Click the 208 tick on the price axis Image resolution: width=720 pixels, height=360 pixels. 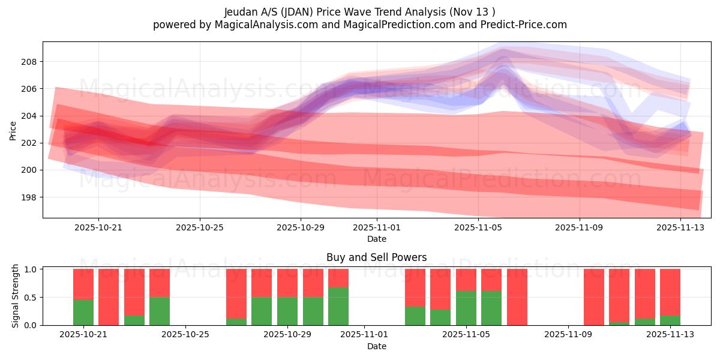pyautogui.click(x=29, y=62)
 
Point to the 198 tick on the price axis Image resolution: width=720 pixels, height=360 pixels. pyautogui.click(x=29, y=197)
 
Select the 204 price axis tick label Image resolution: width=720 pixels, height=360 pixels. pyautogui.click(x=29, y=116)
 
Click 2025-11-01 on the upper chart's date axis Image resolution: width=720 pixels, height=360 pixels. pyautogui.click(x=377, y=228)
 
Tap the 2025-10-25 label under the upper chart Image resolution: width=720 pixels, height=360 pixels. pyautogui.click(x=200, y=228)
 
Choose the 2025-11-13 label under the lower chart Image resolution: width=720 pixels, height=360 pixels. pyautogui.click(x=670, y=334)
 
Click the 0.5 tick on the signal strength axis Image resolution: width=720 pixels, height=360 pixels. pyautogui.click(x=32, y=298)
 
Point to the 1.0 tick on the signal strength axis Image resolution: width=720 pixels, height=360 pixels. pyautogui.click(x=32, y=269)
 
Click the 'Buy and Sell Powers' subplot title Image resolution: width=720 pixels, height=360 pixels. pyautogui.click(x=376, y=257)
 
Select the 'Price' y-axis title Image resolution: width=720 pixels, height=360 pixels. pyautogui.click(x=13, y=130)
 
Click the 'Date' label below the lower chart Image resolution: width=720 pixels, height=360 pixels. pyautogui.click(x=376, y=346)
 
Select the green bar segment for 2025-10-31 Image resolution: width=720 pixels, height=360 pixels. pyautogui.click(x=338, y=306)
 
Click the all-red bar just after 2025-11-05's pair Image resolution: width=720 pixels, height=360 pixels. pyautogui.click(x=517, y=297)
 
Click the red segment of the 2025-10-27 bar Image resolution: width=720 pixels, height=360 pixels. pyautogui.click(x=236, y=293)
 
